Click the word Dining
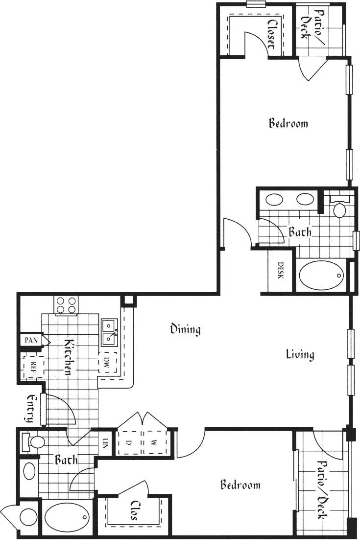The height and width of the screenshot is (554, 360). coord(185,329)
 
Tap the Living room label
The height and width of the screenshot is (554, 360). coord(300,354)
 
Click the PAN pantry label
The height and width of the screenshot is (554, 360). coord(31,340)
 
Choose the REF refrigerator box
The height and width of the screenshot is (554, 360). coord(33,365)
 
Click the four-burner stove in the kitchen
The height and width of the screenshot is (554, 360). coord(67,305)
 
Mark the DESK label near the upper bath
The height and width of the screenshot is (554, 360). coord(281,271)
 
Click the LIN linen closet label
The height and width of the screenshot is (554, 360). coord(105,444)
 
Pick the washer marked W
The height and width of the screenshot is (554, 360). coord(154,442)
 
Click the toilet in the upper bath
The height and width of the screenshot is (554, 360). coord(339,208)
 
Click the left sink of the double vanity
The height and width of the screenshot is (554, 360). coord(273,200)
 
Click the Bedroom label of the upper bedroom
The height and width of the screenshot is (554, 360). coord(288,123)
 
